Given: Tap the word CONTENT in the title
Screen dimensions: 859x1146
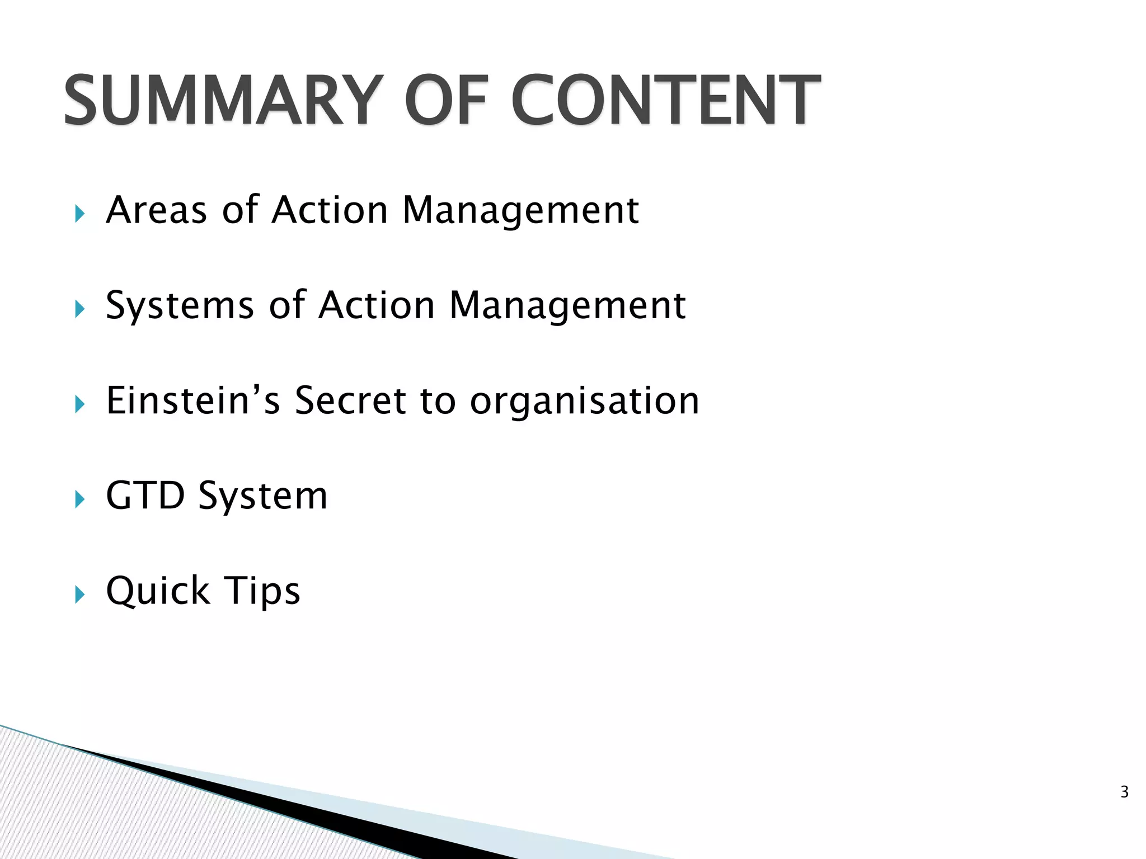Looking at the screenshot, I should point(665,101).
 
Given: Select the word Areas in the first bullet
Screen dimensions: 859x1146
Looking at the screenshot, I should point(157,210).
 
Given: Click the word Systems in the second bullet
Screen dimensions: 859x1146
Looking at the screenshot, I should point(180,306).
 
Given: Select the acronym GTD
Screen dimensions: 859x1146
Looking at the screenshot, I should point(145,495).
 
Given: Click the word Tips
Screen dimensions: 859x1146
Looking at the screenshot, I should point(262,592).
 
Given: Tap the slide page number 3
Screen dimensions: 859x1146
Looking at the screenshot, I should point(1124,792).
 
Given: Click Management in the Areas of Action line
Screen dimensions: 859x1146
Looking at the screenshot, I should point(520,211).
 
